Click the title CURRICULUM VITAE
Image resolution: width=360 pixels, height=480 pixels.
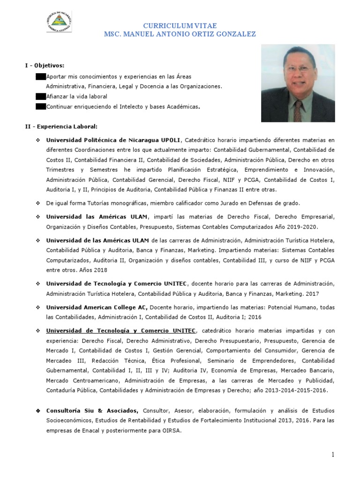click(180, 25)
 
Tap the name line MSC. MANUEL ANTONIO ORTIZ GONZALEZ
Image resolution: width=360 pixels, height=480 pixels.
click(180, 35)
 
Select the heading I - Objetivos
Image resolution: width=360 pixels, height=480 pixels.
click(45, 65)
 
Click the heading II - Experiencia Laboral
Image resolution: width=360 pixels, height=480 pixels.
click(61, 127)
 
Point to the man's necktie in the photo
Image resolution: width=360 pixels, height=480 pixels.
click(298, 110)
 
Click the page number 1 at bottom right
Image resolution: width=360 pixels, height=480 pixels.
click(332, 455)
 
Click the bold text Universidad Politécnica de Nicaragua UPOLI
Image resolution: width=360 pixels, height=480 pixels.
click(112, 140)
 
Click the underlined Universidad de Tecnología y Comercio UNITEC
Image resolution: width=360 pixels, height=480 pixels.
click(121, 330)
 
